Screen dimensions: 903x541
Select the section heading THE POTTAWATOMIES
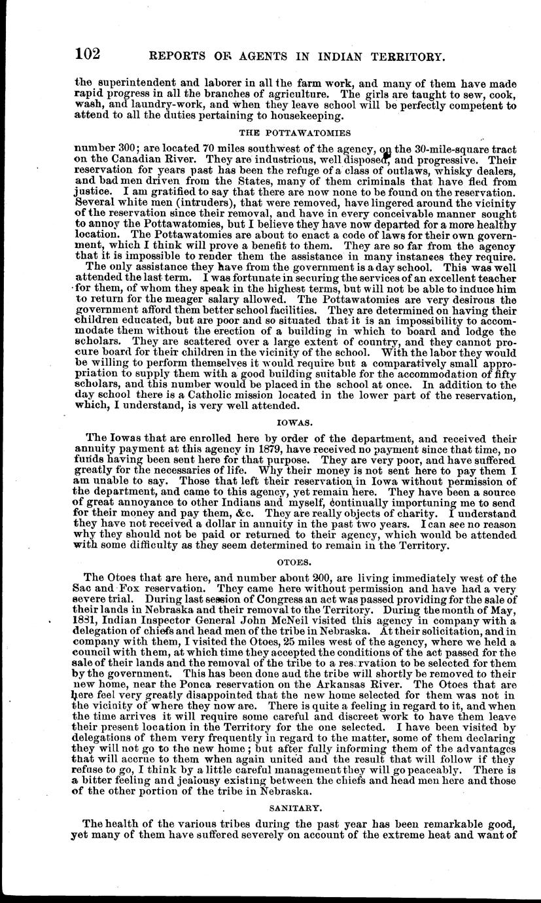coord(286,132)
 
